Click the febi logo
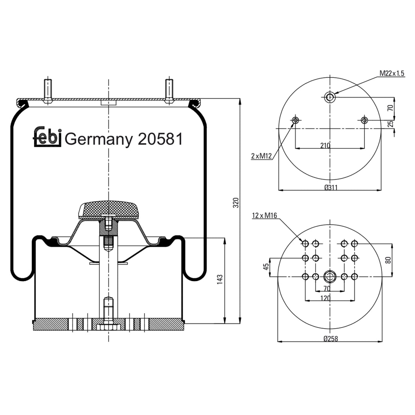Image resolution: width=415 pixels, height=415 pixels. click(47, 137)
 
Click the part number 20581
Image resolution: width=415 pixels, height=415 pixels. click(160, 139)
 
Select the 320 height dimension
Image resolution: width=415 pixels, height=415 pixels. click(235, 202)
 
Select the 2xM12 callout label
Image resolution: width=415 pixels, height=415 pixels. click(262, 156)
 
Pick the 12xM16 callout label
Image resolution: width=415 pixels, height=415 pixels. click(265, 216)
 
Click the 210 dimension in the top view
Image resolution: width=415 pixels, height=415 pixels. click(325, 146)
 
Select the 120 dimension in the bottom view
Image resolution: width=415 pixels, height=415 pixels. click(325, 298)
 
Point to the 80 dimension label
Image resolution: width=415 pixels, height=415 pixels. click(388, 260)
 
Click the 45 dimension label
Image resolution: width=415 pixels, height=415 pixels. click(266, 267)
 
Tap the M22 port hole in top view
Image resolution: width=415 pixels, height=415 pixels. click(330, 97)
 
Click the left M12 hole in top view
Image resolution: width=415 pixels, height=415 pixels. click(295, 120)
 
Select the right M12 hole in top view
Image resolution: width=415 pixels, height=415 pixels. click(364, 120)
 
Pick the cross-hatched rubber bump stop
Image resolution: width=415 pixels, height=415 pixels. click(108, 209)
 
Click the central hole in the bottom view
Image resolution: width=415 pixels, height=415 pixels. click(330, 277)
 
